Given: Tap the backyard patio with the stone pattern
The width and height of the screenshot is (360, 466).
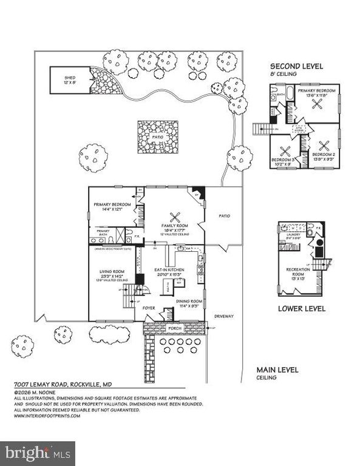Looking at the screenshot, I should [x=155, y=137].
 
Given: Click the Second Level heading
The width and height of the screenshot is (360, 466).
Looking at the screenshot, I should [x=296, y=66].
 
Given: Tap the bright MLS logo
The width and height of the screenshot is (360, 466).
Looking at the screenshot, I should [x=37, y=452].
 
